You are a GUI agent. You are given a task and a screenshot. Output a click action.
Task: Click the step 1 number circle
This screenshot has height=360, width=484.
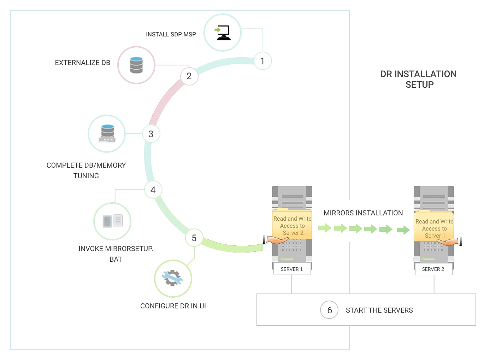pyautogui.click(x=262, y=61)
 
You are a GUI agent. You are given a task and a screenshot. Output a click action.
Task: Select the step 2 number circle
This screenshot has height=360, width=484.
pyautogui.click(x=189, y=76)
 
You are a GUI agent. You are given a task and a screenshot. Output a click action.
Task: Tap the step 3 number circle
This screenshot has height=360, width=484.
pyautogui.click(x=151, y=134)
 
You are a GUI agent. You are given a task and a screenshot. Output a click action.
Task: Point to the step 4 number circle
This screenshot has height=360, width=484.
pyautogui.click(x=153, y=190)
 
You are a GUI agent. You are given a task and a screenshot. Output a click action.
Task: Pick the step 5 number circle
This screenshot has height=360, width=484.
pyautogui.click(x=194, y=238)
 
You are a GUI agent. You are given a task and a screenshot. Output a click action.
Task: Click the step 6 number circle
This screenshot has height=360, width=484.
pyautogui.click(x=329, y=310)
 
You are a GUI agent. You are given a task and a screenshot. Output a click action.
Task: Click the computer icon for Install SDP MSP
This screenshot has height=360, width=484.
pyautogui.click(x=223, y=33)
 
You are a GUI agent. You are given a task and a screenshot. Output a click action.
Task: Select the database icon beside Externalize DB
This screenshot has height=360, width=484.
pyautogui.click(x=136, y=65)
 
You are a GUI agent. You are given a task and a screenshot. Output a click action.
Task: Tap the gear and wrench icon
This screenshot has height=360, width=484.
pyautogui.click(x=173, y=278)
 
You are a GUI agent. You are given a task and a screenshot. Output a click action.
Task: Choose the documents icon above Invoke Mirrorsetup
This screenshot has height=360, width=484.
pyautogui.click(x=112, y=221)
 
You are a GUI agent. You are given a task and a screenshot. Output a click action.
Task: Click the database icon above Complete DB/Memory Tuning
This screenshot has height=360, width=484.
pyautogui.click(x=107, y=133)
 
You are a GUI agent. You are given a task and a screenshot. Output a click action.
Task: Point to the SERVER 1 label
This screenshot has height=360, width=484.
pyautogui.click(x=292, y=269)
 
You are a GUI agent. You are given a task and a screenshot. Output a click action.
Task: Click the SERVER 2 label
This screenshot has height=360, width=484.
pyautogui.click(x=433, y=269)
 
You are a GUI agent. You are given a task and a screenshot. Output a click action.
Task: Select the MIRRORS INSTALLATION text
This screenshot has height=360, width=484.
pyautogui.click(x=363, y=213)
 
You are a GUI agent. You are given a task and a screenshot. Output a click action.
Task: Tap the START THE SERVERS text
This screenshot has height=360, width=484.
pyautogui.click(x=379, y=310)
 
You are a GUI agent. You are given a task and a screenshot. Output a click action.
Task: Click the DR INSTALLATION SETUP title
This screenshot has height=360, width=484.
pyautogui.click(x=419, y=79)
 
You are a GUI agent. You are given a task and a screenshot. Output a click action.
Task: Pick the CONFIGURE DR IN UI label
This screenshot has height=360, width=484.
pyautogui.click(x=173, y=306)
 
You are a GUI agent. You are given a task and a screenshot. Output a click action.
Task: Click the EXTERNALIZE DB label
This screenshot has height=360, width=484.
pyautogui.click(x=83, y=63)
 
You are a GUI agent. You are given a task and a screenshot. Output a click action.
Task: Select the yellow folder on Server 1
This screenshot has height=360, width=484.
pyautogui.click(x=292, y=225)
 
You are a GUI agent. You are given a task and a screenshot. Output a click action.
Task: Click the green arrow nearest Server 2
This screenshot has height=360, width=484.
pyautogui.click(x=403, y=230)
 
